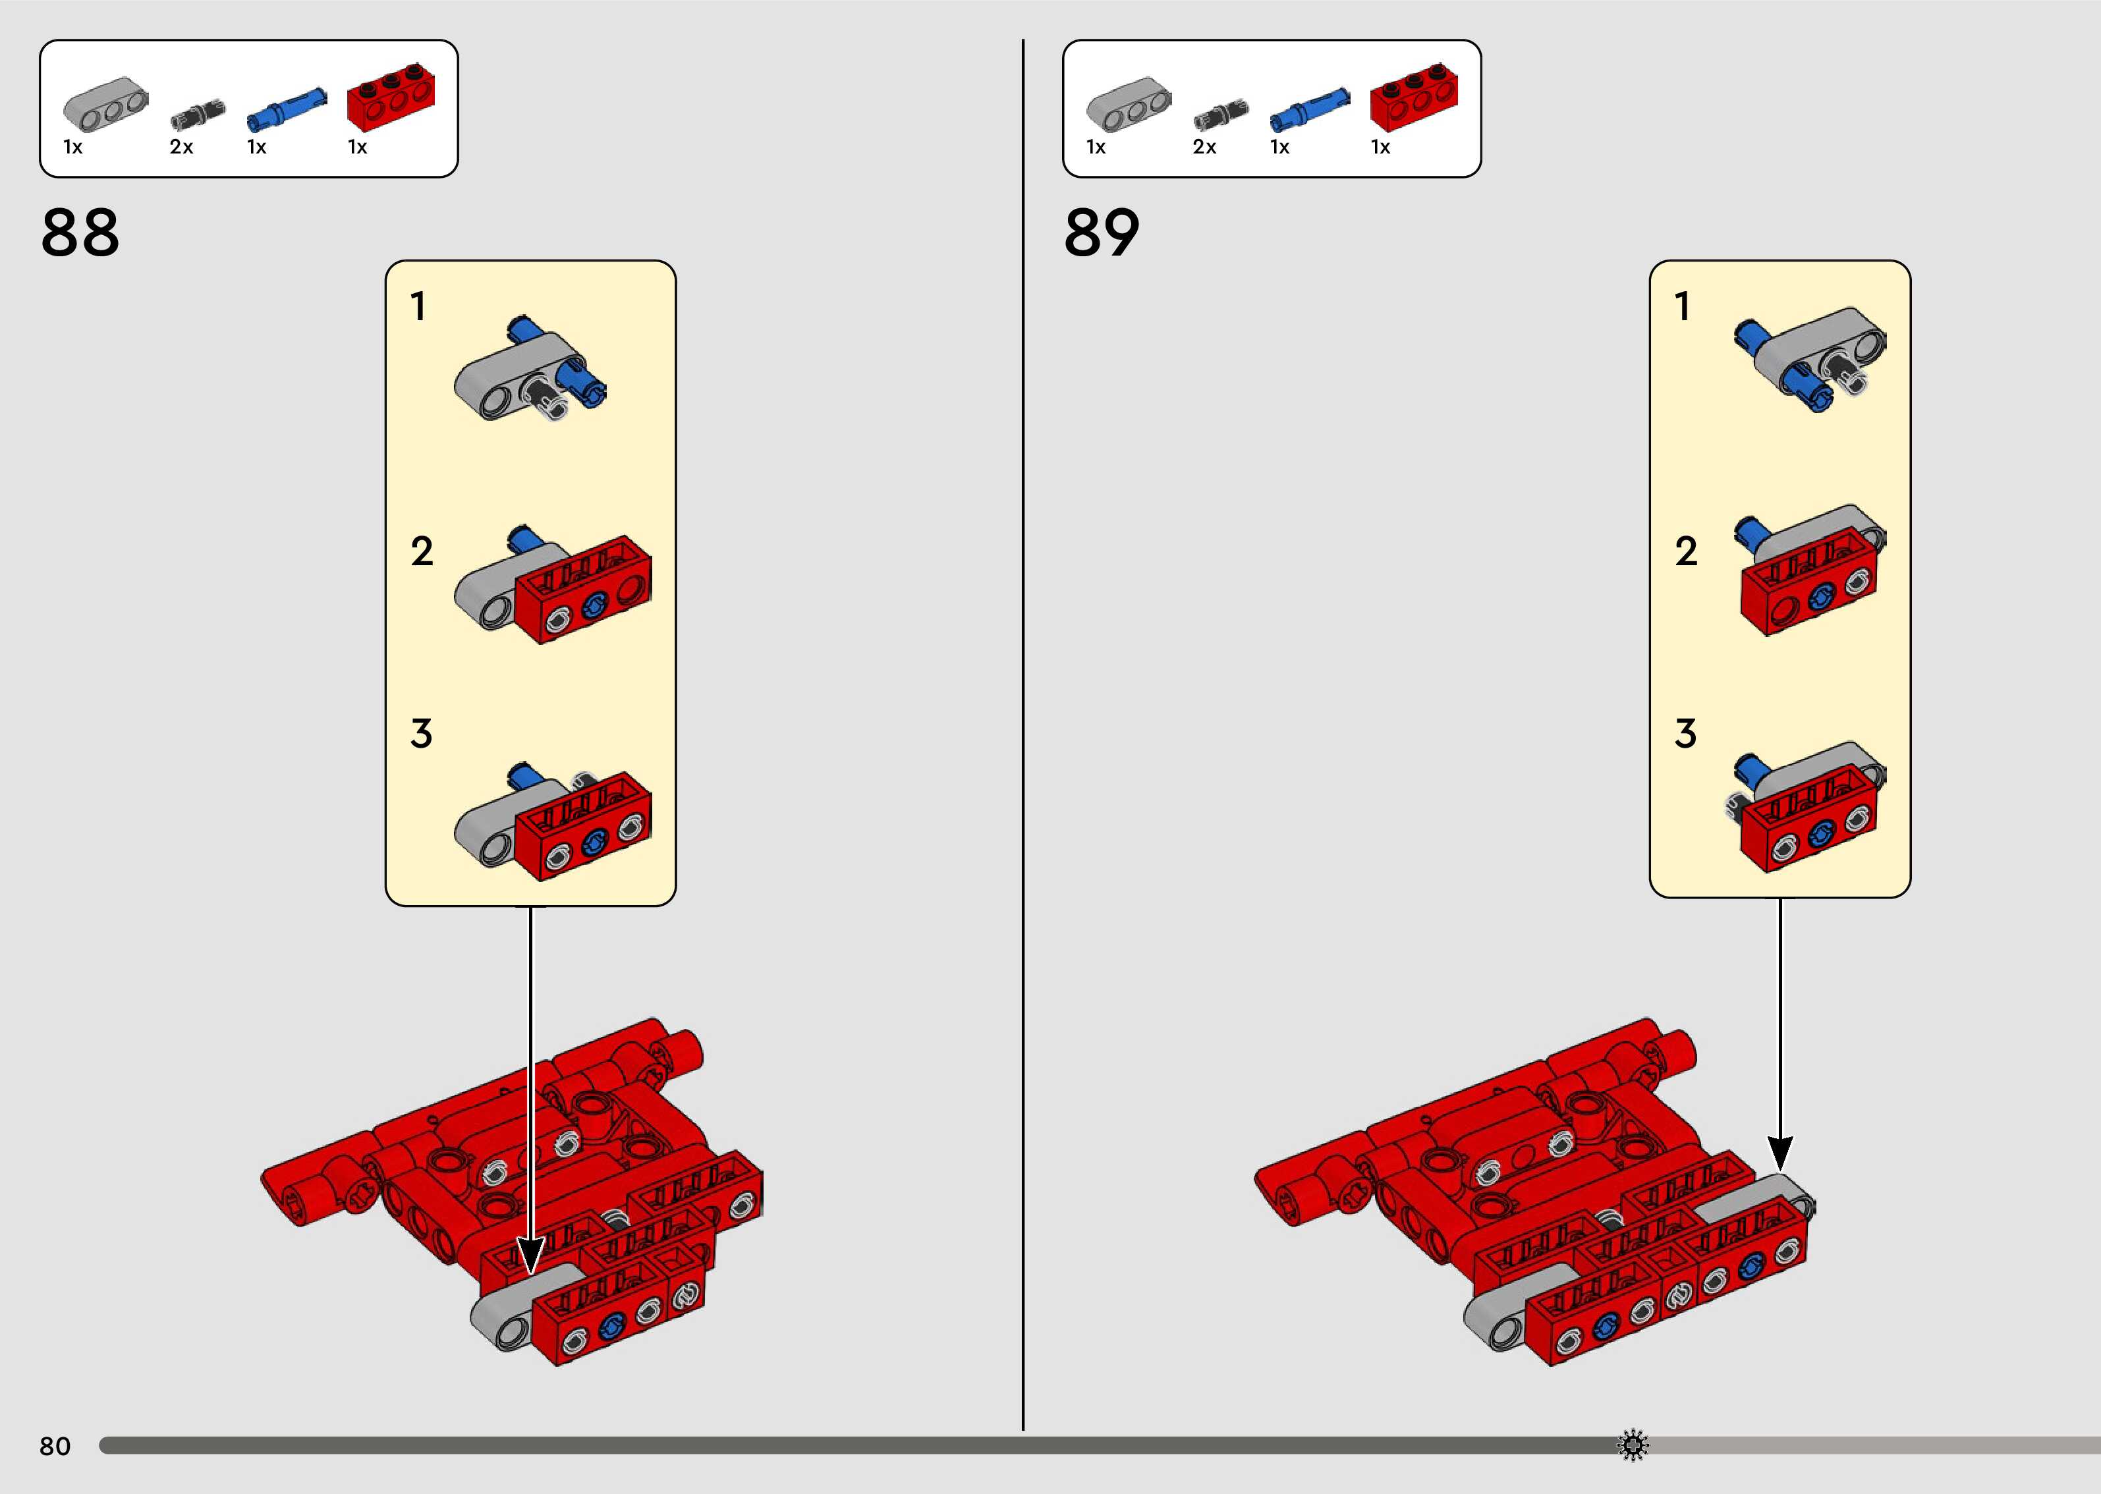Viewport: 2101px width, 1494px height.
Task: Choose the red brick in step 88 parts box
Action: [390, 97]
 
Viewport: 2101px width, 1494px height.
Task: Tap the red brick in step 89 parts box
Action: [1413, 97]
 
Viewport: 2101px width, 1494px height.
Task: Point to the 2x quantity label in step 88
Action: [181, 147]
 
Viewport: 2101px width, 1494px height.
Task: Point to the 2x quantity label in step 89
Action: [1204, 147]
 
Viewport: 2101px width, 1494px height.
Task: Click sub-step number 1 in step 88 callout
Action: [418, 306]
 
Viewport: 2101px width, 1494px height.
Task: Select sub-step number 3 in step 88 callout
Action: [421, 733]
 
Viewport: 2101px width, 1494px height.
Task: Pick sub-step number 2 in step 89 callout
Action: [1686, 551]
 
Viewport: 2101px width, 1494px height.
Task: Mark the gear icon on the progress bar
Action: [1633, 1445]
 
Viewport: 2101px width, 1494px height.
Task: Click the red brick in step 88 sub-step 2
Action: [583, 590]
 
